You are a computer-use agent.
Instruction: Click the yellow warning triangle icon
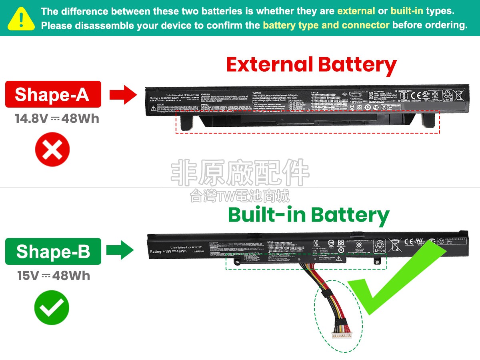pos(21,18)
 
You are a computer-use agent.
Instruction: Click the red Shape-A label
pos(53,94)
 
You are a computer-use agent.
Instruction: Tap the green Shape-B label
pos(53,251)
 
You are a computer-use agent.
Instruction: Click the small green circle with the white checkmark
pos(52,308)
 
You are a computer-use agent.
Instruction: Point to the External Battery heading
pos(311,65)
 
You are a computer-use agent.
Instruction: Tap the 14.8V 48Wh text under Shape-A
pos(57,119)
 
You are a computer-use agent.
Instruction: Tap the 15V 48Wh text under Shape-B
pos(54,276)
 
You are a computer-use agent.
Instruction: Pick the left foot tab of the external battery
pos(186,122)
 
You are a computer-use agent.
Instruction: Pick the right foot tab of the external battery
pos(428,120)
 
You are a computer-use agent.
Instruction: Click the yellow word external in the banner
pos(356,11)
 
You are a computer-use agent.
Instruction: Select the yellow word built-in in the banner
pos(406,11)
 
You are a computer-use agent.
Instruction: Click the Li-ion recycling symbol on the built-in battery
pos(379,245)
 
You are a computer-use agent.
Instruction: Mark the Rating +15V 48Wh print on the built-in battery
pos(168,252)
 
